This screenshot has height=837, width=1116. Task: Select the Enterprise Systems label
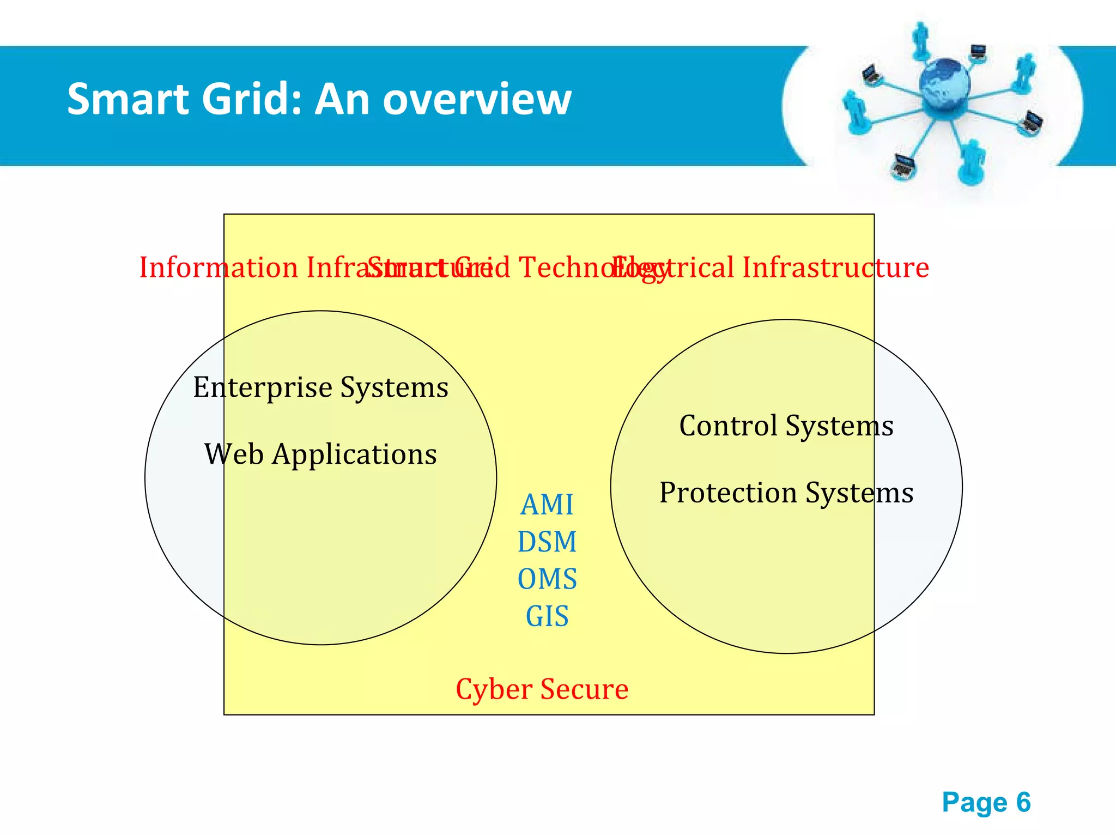[x=320, y=387]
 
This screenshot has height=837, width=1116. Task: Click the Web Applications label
[x=320, y=454]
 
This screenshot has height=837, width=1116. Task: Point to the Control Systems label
[x=786, y=426]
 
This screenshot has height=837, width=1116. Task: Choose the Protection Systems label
[x=786, y=493]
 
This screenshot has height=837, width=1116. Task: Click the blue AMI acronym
[x=547, y=505]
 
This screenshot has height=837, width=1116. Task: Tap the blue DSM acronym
[x=547, y=542]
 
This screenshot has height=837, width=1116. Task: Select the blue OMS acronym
[x=547, y=579]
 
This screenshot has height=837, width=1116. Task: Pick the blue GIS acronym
[x=547, y=616]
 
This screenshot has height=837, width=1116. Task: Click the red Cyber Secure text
[x=542, y=689]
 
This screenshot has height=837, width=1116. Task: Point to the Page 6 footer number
[x=986, y=802]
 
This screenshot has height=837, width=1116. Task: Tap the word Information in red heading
[x=218, y=268]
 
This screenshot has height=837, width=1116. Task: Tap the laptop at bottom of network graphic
[x=903, y=166]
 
